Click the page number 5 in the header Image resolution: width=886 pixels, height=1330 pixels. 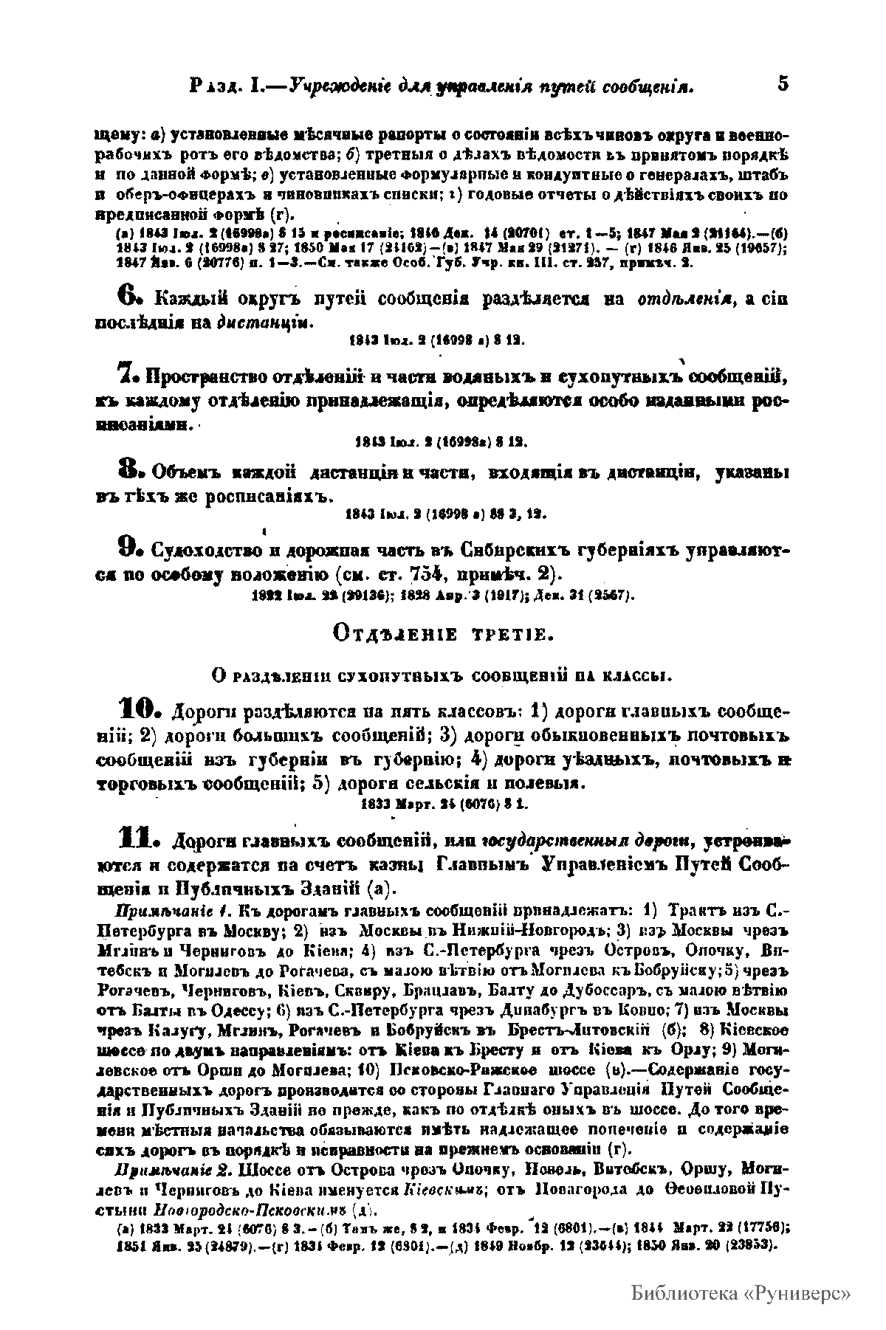[x=783, y=83]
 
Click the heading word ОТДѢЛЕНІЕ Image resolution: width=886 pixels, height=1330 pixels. [x=392, y=634]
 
